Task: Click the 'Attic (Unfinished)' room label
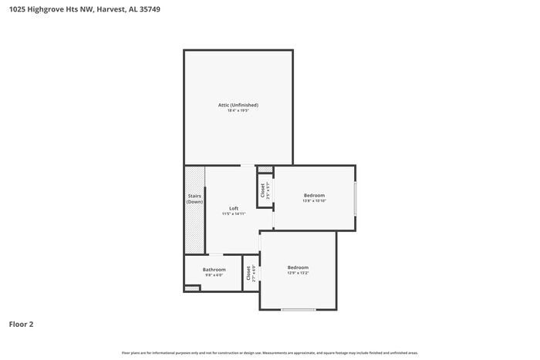(x=238, y=105)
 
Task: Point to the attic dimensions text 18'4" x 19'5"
(x=238, y=111)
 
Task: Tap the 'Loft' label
(x=234, y=208)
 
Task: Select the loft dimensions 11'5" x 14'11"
(x=234, y=214)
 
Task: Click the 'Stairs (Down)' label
(x=194, y=199)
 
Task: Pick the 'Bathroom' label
(x=214, y=270)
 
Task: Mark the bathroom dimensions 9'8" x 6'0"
(x=214, y=275)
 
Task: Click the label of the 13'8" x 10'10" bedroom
(x=314, y=195)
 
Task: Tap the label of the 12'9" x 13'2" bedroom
(x=298, y=267)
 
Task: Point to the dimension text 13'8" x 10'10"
(x=314, y=201)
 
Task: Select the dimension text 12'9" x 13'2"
(x=298, y=273)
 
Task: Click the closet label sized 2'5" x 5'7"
(x=264, y=189)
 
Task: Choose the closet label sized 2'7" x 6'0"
(x=250, y=273)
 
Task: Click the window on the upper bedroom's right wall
(x=355, y=198)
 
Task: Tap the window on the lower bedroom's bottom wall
(x=298, y=310)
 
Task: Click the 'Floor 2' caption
(x=21, y=325)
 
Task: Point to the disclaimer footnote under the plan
(x=269, y=353)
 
